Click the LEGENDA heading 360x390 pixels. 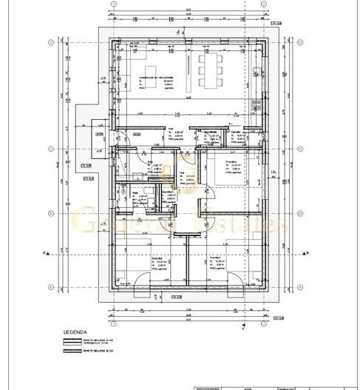click(x=75, y=333)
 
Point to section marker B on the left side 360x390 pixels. click(x=45, y=253)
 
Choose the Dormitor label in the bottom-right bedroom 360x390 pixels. click(x=216, y=258)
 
